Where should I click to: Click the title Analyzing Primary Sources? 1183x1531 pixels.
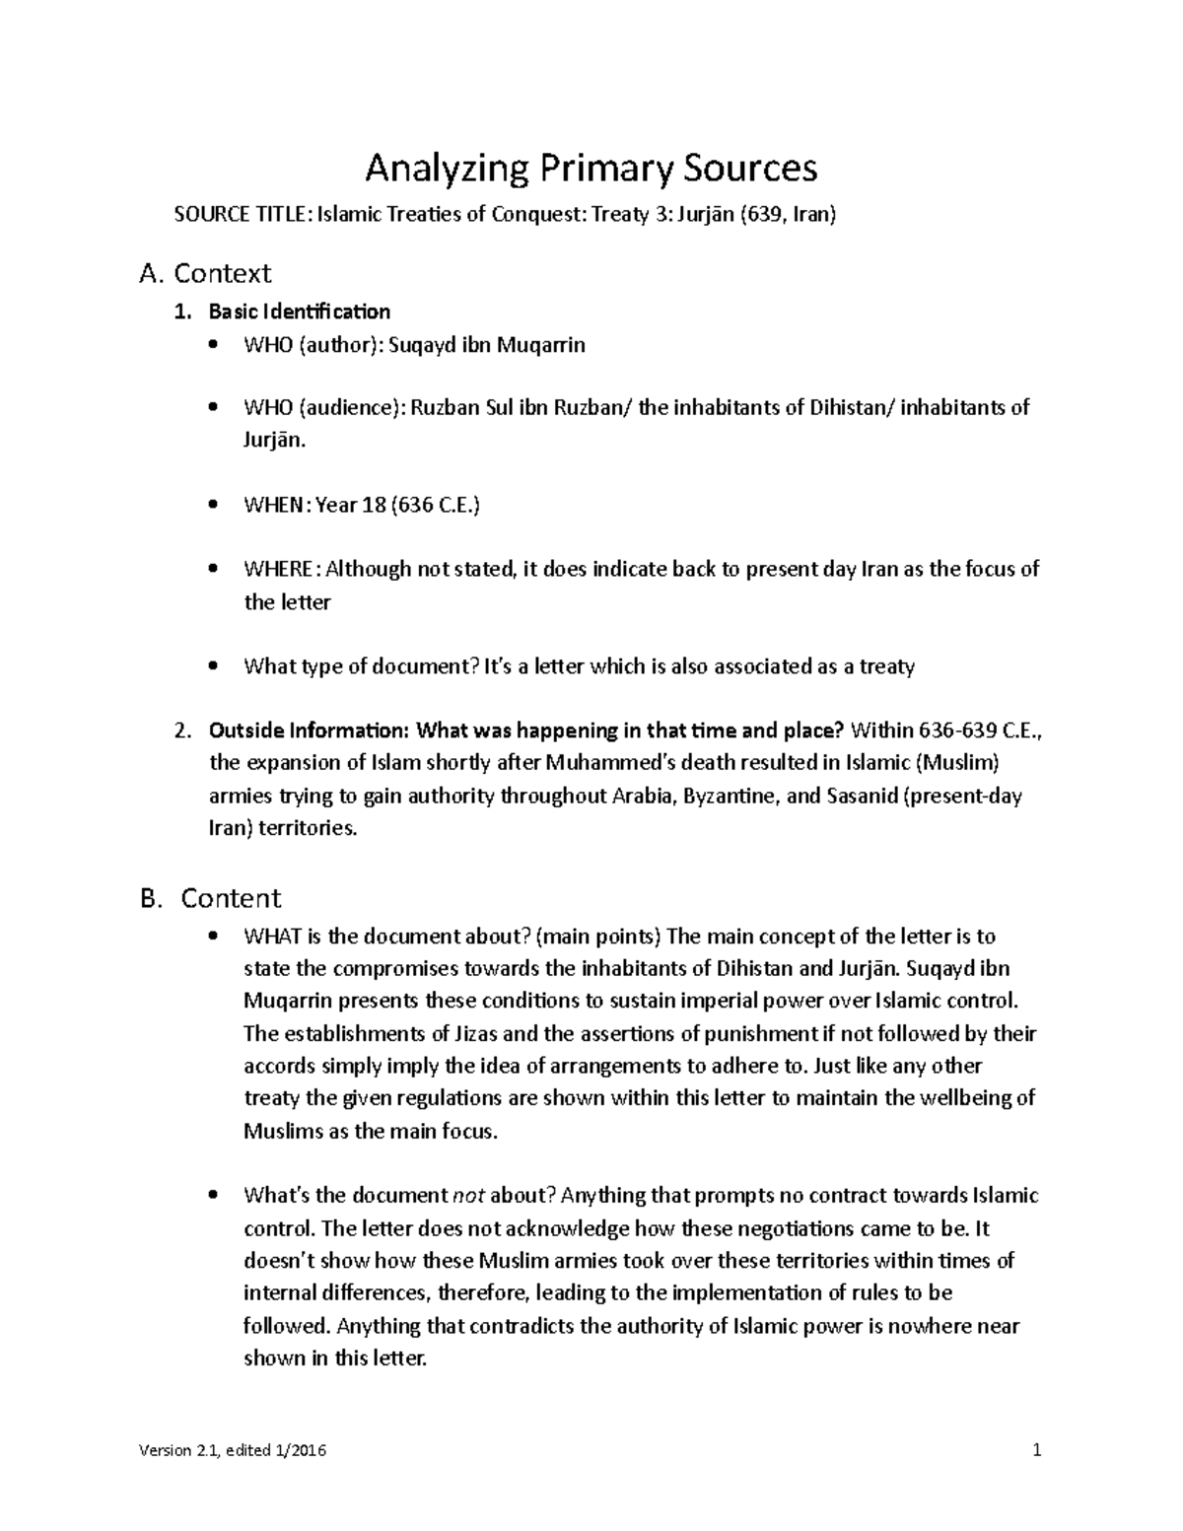tap(591, 169)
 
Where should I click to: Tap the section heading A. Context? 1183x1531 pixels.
tap(205, 272)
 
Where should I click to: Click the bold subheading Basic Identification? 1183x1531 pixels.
tap(299, 312)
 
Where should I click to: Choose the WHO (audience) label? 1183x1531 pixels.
tap(323, 407)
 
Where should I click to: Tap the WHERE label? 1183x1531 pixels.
tap(281, 569)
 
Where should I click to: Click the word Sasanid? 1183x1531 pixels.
tap(861, 796)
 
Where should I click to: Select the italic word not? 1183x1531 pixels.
tap(467, 1196)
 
